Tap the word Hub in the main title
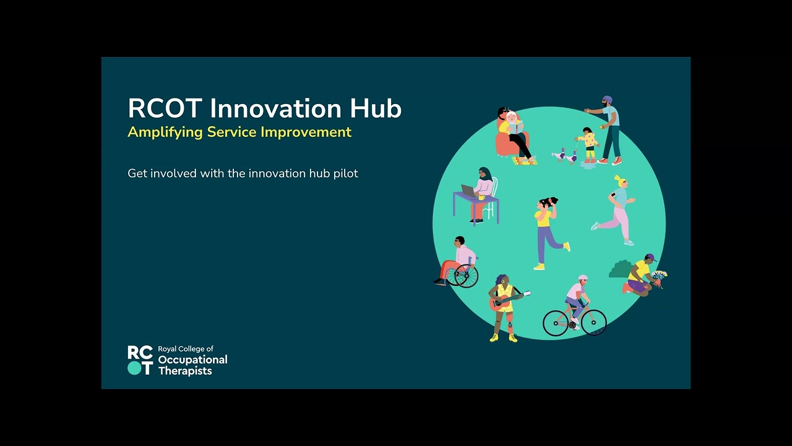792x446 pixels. click(376, 108)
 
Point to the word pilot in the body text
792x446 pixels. click(344, 173)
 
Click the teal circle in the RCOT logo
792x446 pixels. click(134, 368)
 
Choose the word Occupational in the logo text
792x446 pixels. click(192, 360)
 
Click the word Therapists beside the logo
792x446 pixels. click(185, 371)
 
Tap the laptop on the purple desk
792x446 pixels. click(468, 190)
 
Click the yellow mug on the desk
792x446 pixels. click(481, 198)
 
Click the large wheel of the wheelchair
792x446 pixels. click(467, 276)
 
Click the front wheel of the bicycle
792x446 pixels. click(593, 323)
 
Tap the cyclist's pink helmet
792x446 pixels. click(582, 278)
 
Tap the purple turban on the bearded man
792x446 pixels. click(607, 100)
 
